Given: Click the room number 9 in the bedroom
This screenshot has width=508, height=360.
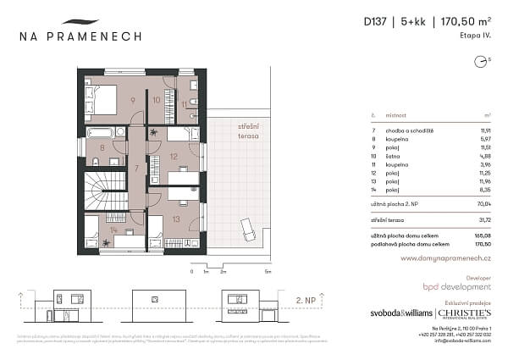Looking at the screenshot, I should coord(132,100).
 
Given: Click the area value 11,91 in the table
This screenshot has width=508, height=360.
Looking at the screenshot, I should coord(484,130).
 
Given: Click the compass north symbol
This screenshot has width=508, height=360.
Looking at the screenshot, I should coord(480,60).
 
